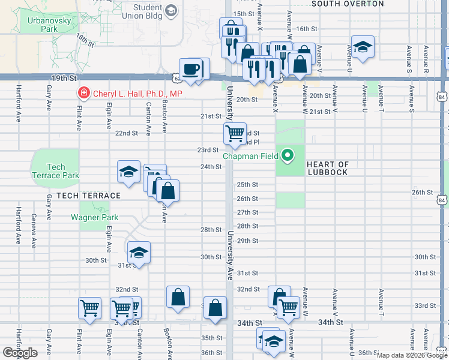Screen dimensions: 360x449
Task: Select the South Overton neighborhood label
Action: coord(348,4)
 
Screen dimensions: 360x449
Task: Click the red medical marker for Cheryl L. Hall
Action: coord(83,94)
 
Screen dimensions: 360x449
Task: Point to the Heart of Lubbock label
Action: coord(327,169)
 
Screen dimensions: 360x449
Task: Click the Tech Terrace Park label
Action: coord(55,171)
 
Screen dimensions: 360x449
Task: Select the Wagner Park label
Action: coord(94,218)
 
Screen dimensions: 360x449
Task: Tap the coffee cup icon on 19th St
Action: coord(191,69)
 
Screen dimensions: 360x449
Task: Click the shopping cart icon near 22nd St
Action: coord(234,133)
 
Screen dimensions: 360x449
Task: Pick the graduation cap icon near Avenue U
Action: coord(362,47)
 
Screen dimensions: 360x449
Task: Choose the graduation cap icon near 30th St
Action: coord(138,252)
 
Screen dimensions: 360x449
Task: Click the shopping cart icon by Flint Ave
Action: coord(89,308)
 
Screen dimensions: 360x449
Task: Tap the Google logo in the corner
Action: coord(20,353)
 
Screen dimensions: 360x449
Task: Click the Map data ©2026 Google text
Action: coord(411,355)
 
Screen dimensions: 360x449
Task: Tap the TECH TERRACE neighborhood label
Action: coord(89,196)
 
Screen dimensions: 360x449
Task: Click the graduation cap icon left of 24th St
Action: coord(128,171)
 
